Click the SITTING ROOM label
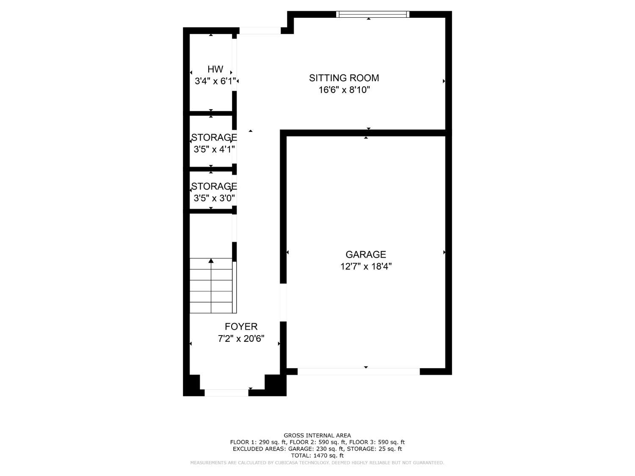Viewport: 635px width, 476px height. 344,78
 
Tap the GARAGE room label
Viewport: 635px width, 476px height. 366,254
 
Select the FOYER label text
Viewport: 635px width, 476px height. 241,327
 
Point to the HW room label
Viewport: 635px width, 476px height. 215,69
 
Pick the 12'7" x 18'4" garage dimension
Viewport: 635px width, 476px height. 366,266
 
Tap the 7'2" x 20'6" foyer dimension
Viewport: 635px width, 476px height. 241,338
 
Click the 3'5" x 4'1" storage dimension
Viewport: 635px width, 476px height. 214,149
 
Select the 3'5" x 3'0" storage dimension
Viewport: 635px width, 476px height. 214,198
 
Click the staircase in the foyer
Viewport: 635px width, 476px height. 211,288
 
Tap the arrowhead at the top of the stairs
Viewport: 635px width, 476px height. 211,261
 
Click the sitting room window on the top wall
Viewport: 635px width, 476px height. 373,14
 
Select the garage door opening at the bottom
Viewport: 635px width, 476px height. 359,371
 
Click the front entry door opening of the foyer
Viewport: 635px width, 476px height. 226,393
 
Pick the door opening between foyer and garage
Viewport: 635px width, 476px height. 283,303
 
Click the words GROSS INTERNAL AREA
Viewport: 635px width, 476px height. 317,435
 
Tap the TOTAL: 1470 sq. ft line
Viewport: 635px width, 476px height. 317,456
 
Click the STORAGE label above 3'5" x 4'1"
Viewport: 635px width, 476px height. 214,138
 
